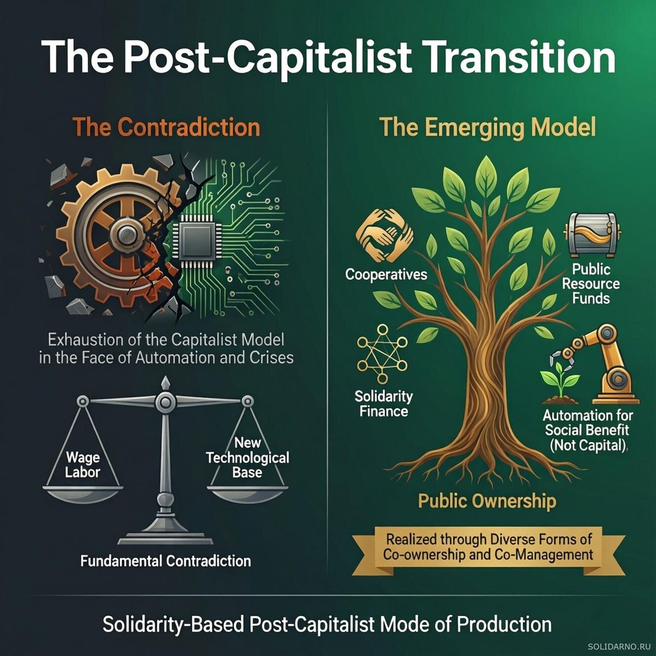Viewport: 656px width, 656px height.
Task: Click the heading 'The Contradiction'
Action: pos(166,127)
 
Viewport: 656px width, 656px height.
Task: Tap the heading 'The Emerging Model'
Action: pos(487,128)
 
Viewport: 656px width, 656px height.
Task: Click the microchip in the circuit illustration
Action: pos(197,239)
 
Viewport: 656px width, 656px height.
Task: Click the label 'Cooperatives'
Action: pos(386,274)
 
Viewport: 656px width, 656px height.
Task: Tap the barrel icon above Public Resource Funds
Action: pos(592,234)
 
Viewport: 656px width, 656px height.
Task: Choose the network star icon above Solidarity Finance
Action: pos(382,354)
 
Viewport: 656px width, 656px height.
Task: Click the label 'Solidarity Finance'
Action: pos(384,403)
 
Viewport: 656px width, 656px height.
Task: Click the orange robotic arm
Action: pos(602,363)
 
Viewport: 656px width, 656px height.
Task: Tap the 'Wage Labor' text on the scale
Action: pos(83,465)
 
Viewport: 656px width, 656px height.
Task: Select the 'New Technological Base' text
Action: pos(247,457)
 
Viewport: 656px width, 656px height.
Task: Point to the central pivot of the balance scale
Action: pos(165,402)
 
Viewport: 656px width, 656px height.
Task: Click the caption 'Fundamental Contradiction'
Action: pos(166,561)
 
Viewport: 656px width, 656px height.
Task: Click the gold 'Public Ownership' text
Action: pos(487,501)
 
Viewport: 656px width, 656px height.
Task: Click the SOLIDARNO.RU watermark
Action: pos(620,647)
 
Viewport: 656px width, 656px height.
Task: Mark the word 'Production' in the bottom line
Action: pos(504,625)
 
